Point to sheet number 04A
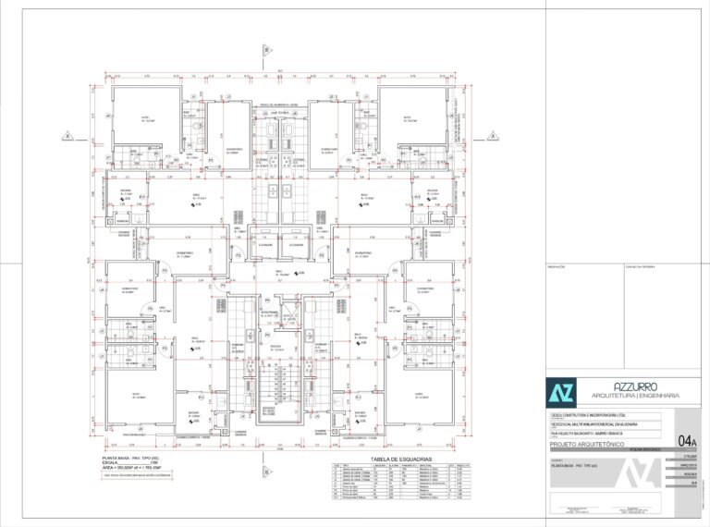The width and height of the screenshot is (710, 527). click(x=687, y=441)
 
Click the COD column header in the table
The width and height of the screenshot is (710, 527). click(x=334, y=465)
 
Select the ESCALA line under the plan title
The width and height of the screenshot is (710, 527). click(x=120, y=464)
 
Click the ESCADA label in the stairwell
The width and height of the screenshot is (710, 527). click(x=275, y=349)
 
